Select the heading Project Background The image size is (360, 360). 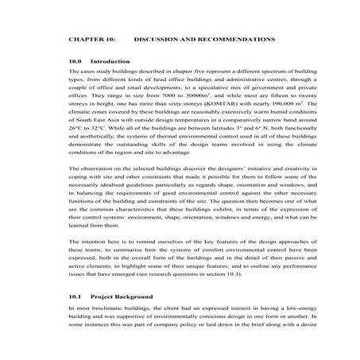pyautogui.click(x=119, y=327)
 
